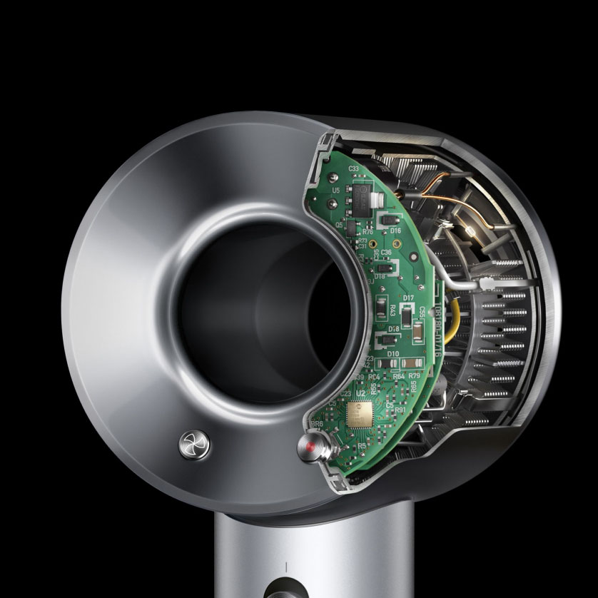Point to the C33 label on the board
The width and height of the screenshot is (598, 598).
click(353, 168)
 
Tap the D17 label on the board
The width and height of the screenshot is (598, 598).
click(408, 298)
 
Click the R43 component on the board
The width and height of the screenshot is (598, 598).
click(394, 309)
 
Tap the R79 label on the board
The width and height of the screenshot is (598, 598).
click(414, 375)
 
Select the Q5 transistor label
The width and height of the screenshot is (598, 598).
click(339, 224)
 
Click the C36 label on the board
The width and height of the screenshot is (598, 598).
click(386, 252)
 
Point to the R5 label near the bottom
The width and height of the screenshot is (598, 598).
click(362, 445)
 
